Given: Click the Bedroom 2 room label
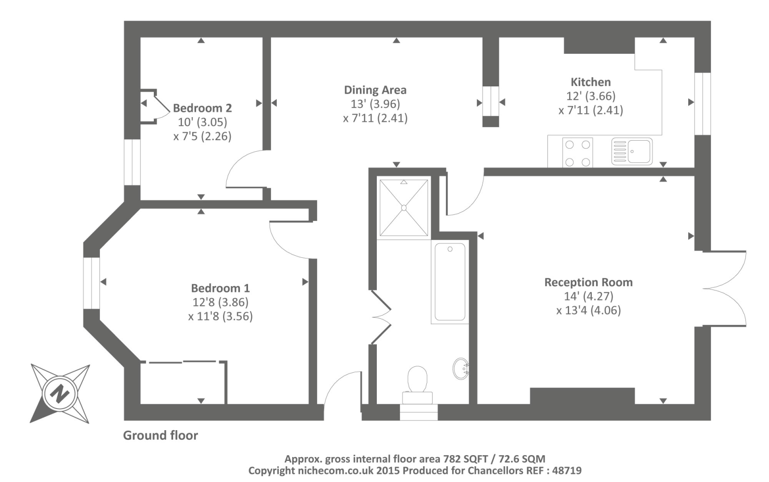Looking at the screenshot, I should pos(202,108).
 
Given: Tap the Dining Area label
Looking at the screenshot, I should pos(375,90).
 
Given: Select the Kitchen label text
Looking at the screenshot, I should pos(590,82).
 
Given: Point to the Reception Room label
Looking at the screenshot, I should pos(588,282).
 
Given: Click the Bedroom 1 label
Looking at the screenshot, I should pos(220,288).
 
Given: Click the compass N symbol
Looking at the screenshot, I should pos(60,394).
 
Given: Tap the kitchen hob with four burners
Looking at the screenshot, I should pos(577,153).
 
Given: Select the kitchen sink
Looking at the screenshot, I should pos(632,152).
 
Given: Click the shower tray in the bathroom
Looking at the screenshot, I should pos(403,208).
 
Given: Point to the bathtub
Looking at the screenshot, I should pos(449,282).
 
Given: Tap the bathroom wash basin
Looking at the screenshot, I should pos(460,369).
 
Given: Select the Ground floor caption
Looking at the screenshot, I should pos(160,435).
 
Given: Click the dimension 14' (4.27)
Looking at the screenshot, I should pos(588,296).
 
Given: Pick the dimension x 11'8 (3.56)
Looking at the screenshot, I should pos(220,316).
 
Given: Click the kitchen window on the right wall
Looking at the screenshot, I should pos(702,104).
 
